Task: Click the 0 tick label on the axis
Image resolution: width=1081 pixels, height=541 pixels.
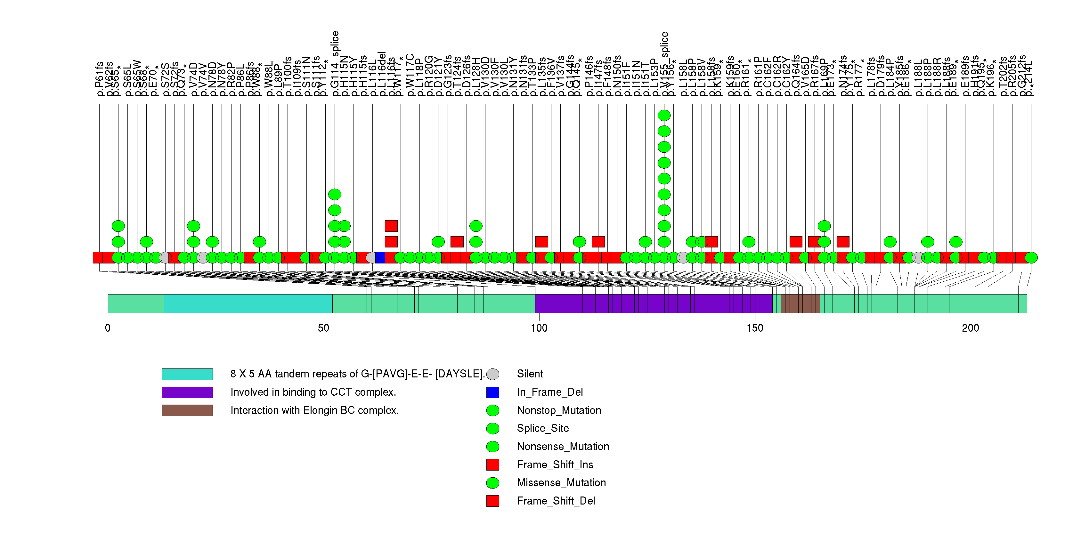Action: tap(108, 328)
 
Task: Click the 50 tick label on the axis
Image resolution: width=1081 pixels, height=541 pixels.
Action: tap(323, 328)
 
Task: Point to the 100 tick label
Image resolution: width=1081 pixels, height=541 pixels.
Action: tap(539, 328)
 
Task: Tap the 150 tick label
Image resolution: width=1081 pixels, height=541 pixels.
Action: tap(755, 328)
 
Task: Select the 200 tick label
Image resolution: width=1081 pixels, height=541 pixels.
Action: tap(971, 328)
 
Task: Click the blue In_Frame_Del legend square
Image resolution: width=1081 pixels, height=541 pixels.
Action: tap(493, 392)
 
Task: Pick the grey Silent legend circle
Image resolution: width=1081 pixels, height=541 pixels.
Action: tap(493, 374)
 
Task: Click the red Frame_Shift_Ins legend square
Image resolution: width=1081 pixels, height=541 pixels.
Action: tap(493, 465)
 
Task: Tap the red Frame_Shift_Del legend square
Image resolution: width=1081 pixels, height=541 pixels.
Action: tap(493, 501)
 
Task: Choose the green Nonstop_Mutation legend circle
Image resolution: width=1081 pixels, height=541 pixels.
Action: tap(493, 410)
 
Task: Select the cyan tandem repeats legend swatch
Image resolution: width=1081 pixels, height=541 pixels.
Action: tap(187, 374)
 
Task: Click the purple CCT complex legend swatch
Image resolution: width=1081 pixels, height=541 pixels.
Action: tap(187, 392)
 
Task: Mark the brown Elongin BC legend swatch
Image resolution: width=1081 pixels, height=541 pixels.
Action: tap(187, 410)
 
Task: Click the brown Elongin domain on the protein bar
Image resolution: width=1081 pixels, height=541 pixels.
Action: tap(800, 303)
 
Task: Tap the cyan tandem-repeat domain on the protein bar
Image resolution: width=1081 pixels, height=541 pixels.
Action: tap(248, 303)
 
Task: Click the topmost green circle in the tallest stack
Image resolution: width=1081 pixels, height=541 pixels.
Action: tap(664, 115)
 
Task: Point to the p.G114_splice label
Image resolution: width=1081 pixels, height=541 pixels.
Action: tap(335, 63)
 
